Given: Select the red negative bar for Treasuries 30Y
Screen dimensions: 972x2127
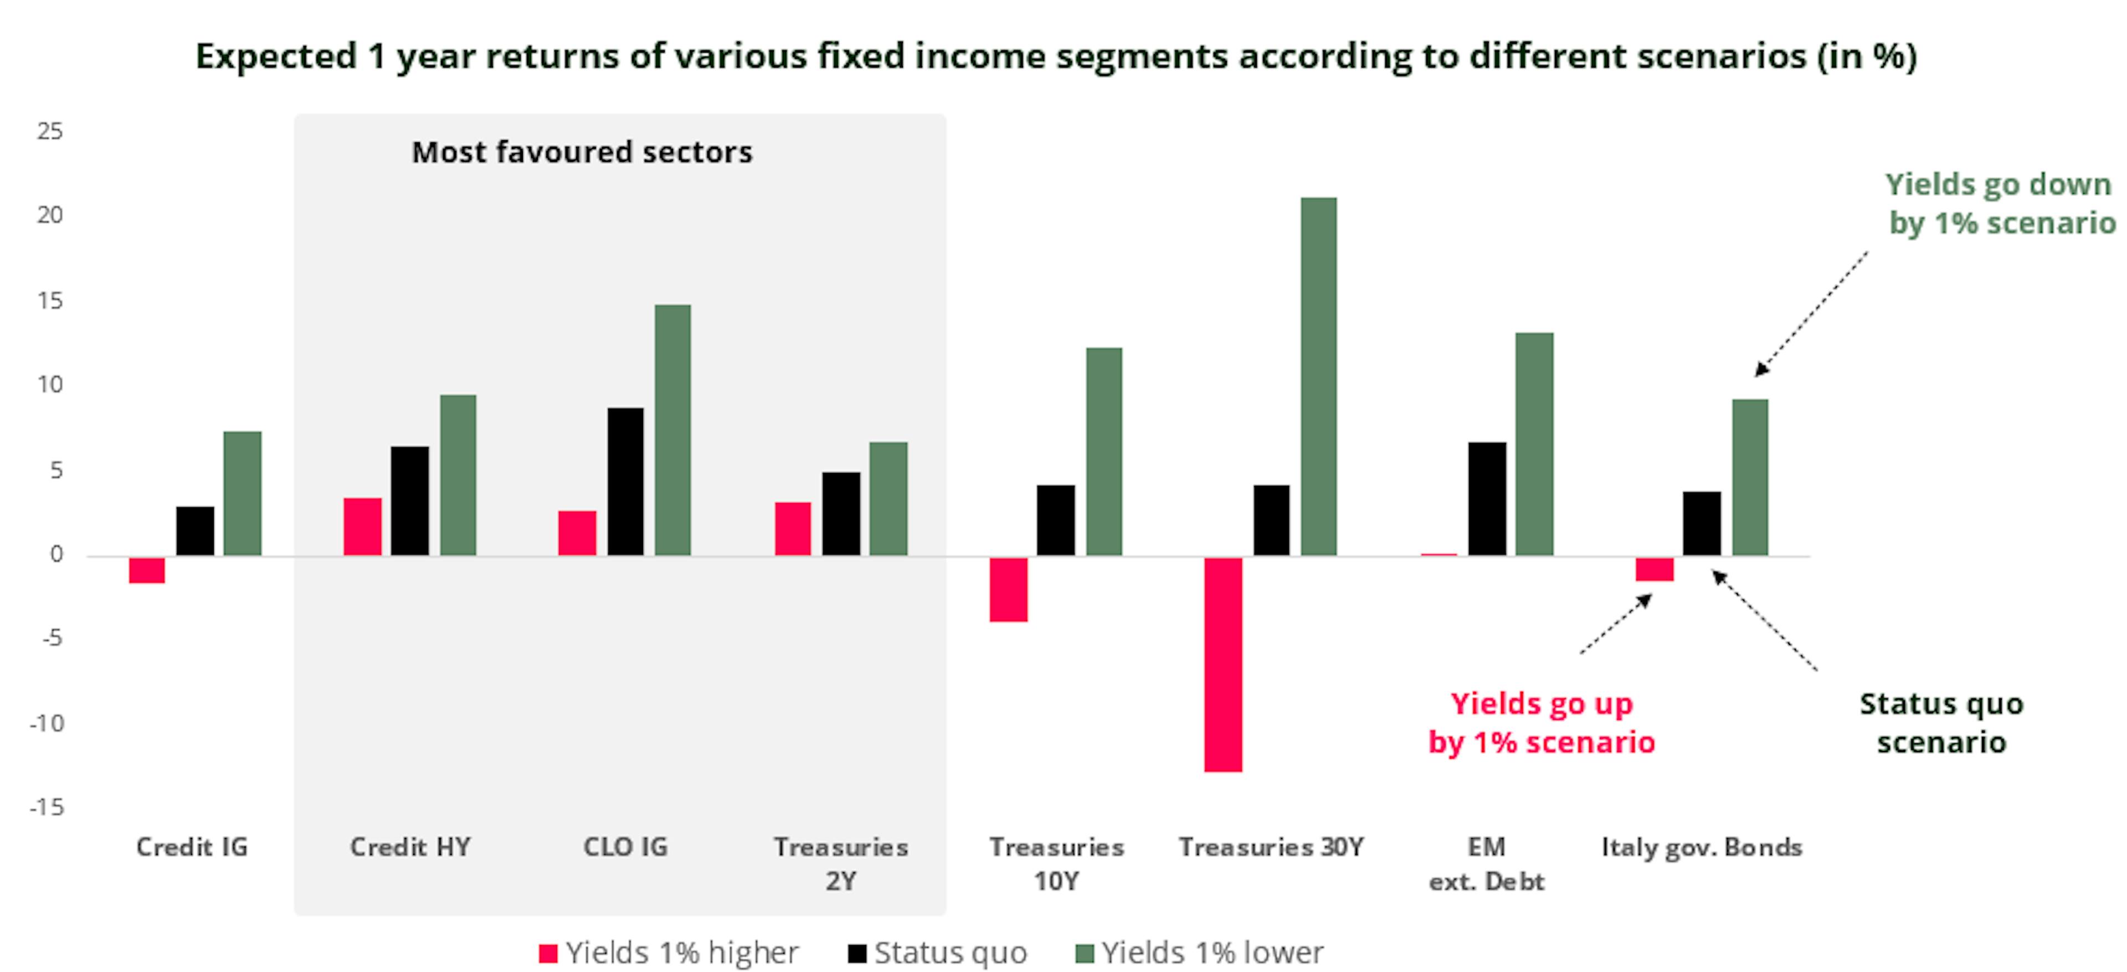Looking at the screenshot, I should [x=1223, y=664].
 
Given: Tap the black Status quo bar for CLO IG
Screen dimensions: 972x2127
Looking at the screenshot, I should [x=625, y=481].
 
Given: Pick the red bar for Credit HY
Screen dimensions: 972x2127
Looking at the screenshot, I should [x=362, y=526].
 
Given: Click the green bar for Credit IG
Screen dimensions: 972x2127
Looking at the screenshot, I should [x=242, y=493].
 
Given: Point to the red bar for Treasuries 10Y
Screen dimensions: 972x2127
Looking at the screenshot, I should [x=1008, y=589].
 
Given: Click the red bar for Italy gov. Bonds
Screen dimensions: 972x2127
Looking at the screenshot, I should [x=1654, y=569].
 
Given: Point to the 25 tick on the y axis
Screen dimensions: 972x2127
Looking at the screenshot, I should [x=49, y=131].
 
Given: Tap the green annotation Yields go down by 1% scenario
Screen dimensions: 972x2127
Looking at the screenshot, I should [x=1999, y=203].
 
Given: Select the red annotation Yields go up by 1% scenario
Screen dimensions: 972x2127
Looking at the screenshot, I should [x=1542, y=723].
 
